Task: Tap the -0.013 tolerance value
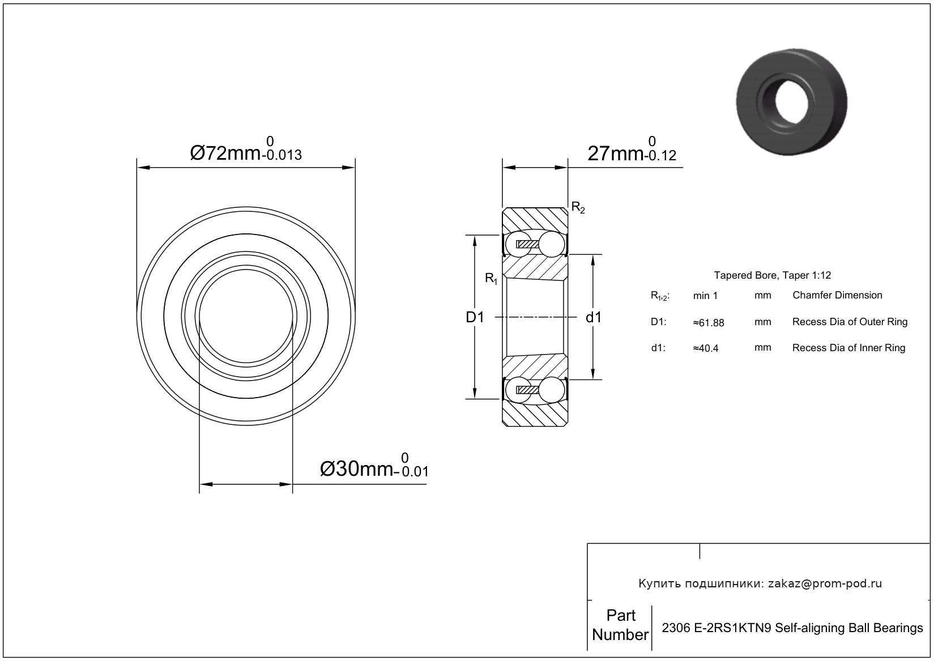(282, 155)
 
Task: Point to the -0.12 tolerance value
(660, 156)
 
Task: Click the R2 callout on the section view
(578, 207)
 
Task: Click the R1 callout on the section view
(491, 278)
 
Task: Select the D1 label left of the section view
(475, 317)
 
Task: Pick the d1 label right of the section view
(594, 317)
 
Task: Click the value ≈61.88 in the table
(709, 323)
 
